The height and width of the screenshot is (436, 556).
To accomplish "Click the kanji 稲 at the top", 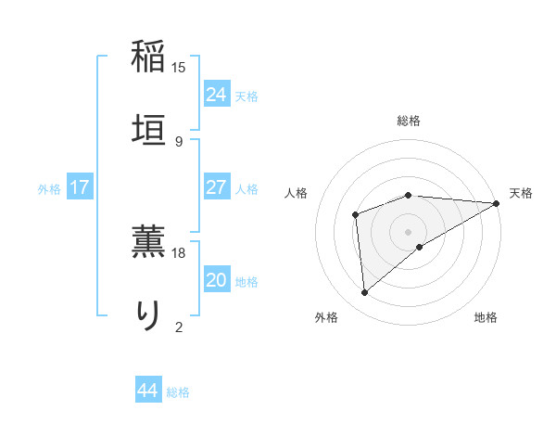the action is pos(148,56).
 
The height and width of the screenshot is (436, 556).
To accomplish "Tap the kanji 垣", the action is pos(148,127).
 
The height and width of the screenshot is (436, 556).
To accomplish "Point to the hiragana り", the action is pos(148,313).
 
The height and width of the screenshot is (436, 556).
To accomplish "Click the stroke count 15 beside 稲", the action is pos(179,68).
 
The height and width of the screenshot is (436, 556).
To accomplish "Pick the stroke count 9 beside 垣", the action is pos(179,141).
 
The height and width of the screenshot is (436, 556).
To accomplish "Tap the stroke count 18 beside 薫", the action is pos(179,252).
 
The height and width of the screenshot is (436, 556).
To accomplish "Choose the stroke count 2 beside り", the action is pos(179,326).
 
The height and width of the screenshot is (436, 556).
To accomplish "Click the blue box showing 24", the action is pos(216,94).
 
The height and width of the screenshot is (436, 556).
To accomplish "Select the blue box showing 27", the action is pos(216,186).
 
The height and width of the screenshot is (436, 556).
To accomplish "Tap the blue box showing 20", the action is pos(216,279).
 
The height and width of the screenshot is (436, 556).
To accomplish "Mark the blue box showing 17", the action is pos(80,186).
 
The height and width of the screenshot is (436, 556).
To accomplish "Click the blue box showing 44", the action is pos(147,391).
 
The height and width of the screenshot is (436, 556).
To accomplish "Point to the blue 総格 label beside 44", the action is pos(178,392).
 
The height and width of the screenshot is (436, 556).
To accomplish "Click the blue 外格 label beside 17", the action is pos(49,189).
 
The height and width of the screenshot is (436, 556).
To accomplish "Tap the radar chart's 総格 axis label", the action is pos(409,121).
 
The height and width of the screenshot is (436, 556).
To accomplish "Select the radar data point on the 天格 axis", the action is pos(497,203).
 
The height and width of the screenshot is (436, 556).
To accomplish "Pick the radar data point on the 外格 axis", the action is pos(365,293).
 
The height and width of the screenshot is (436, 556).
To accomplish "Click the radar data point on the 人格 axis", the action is pos(356,215).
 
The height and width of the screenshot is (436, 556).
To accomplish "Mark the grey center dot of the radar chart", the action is pos(409,231).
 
